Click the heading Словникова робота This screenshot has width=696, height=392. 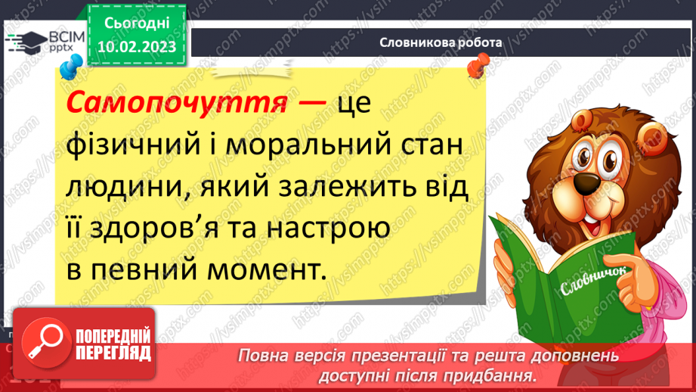(441, 43)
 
